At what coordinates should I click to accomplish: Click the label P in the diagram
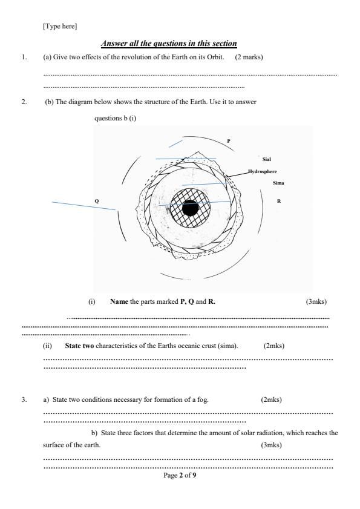point(229,141)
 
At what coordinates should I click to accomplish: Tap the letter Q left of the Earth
point(96,202)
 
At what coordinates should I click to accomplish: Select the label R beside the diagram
point(279,202)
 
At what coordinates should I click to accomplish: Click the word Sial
point(266,159)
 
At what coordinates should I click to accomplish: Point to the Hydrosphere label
point(263,171)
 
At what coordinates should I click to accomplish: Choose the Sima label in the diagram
point(278,183)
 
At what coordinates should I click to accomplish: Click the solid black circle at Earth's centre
point(190,208)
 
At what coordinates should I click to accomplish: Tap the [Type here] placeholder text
point(60,26)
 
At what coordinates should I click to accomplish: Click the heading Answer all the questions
point(169,44)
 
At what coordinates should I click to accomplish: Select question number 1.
point(24,57)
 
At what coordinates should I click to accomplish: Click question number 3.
point(24,399)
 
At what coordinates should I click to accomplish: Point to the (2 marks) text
point(249,57)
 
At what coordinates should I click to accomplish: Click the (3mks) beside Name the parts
point(316,301)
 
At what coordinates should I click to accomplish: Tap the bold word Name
point(119,301)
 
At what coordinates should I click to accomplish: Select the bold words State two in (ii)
point(79,346)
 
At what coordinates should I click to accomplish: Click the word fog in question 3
point(203,400)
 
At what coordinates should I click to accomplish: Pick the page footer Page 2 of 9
point(180,476)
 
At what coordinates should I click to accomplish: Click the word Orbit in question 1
point(215,57)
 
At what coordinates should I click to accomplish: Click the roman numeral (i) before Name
point(92,301)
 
